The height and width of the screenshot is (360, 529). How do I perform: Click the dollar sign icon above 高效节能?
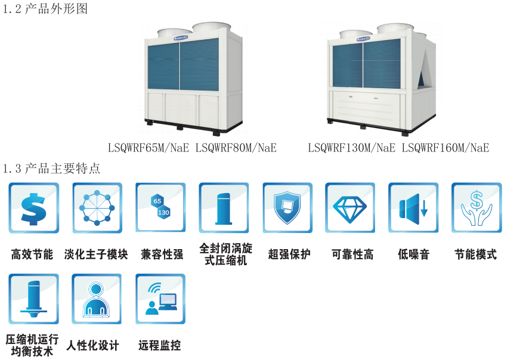coord(33,207)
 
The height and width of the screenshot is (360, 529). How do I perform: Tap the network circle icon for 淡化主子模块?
coord(97,207)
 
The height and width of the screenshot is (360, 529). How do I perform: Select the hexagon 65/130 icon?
coord(160,207)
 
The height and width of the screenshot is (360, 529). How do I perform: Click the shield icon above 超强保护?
coord(287,207)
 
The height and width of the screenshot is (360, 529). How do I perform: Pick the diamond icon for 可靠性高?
coord(350,207)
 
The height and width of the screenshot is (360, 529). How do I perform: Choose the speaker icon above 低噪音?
coord(413,207)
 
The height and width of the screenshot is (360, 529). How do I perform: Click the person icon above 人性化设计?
coord(97,299)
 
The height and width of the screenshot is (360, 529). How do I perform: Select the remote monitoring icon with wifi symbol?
coord(160,299)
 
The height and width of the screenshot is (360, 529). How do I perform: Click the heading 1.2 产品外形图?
coord(45,10)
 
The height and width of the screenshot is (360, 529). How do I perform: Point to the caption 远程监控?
coord(159,346)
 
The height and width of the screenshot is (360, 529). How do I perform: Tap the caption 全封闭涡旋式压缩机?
coord(224,255)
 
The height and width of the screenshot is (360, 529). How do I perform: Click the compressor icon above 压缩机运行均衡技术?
coord(33,299)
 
